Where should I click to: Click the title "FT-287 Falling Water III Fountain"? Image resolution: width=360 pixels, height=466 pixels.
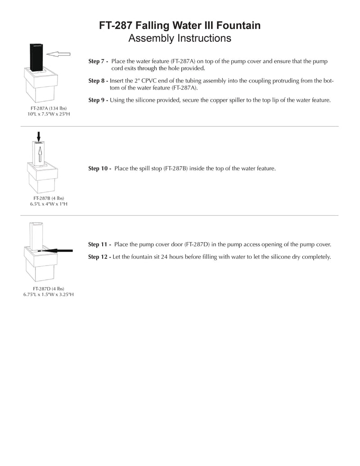coord(180,25)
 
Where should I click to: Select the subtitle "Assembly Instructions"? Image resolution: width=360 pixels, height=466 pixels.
coord(180,38)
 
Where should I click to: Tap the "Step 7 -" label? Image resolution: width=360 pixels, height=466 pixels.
coord(98,61)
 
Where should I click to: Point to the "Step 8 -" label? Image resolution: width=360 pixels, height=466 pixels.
coord(98,81)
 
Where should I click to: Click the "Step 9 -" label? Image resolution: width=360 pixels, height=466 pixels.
coord(98,100)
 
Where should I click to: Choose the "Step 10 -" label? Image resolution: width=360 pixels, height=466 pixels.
coord(99,168)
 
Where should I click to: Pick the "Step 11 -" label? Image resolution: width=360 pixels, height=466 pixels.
coord(99,244)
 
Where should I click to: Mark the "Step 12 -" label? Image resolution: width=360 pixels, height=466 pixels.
coord(99,257)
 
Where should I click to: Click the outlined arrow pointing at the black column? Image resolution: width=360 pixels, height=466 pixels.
coord(58,54)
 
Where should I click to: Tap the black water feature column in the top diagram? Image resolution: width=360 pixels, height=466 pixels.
coord(36,58)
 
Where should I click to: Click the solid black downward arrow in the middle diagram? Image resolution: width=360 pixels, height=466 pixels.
coord(38,137)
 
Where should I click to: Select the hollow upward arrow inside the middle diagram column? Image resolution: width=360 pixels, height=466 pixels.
coord(40,154)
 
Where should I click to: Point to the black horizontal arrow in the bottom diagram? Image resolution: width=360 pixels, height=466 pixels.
coord(55,251)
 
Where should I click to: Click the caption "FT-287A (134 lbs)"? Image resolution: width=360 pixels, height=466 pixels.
coord(49,108)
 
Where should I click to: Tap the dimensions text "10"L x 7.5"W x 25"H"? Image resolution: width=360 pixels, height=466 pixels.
coord(49,114)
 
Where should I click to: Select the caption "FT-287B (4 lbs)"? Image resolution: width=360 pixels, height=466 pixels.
coord(49,198)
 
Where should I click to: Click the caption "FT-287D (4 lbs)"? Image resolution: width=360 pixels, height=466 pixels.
coord(49,289)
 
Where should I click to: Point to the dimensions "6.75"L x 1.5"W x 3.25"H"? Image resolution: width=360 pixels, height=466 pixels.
coord(49,294)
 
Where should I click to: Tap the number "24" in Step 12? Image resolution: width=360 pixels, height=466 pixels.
coord(164,257)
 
